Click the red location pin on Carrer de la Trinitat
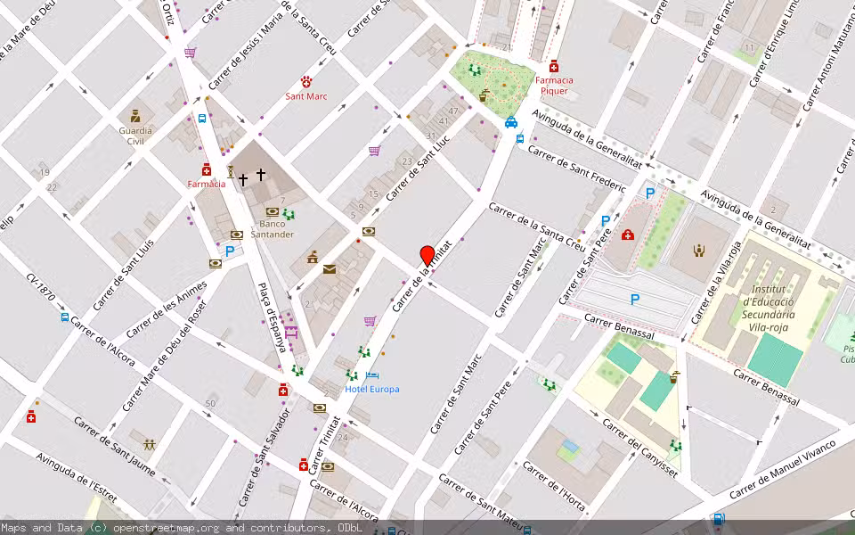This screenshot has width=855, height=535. [427, 255]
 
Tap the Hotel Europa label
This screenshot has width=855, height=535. [371, 389]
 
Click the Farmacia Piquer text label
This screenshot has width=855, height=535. [554, 85]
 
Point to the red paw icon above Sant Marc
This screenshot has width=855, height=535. [306, 81]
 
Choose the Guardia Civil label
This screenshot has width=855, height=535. [135, 136]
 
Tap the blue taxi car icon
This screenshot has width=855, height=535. [511, 122]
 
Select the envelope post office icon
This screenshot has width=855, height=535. [330, 268]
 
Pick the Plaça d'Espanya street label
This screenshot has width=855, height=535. [273, 317]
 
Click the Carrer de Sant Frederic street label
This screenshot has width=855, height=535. [576, 167]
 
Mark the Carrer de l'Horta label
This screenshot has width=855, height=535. [554, 487]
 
